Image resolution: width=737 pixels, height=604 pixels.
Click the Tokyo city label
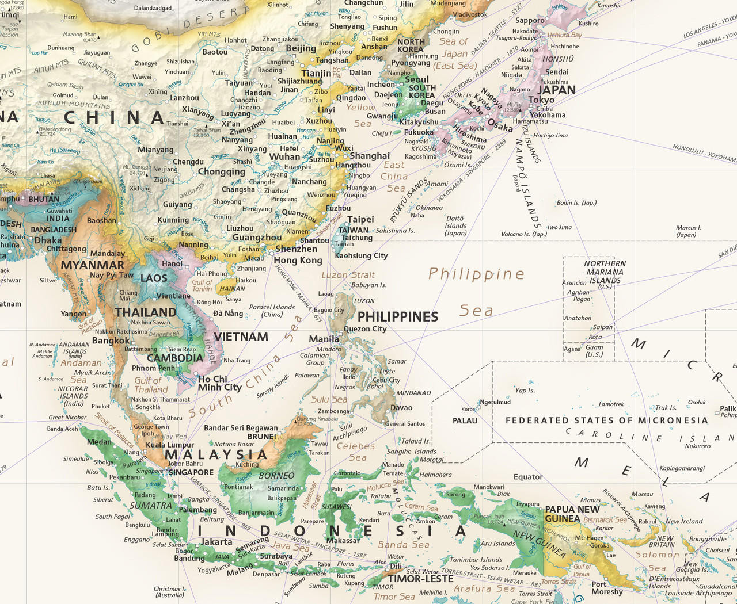pos(541,100)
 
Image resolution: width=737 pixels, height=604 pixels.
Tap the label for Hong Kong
pos(298,261)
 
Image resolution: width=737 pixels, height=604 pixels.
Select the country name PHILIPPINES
pos(398,317)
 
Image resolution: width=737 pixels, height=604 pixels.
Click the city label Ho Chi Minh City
pos(219,383)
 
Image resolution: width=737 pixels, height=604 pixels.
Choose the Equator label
pos(528,477)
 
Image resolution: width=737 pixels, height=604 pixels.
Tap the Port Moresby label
pos(607,588)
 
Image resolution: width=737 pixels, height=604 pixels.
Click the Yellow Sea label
pos(361,115)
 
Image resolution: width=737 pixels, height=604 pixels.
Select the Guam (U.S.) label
pos(594,351)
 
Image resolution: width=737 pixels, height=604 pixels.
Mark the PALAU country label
pos(465,420)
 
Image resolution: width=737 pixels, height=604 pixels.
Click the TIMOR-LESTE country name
pos(421,579)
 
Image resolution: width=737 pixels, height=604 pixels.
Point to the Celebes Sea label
pos(356,452)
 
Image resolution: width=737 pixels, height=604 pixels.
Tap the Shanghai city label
pos(370,156)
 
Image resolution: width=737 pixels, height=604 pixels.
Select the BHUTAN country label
pos(44,199)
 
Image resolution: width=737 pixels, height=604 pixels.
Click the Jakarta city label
pos(216,542)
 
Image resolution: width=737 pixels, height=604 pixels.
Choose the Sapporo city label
pos(530,21)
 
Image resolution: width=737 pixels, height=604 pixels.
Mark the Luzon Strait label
pos(348,275)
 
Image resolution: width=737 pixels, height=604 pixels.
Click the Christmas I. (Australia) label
pos(170,592)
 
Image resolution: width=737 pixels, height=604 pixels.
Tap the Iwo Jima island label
pos(559,227)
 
